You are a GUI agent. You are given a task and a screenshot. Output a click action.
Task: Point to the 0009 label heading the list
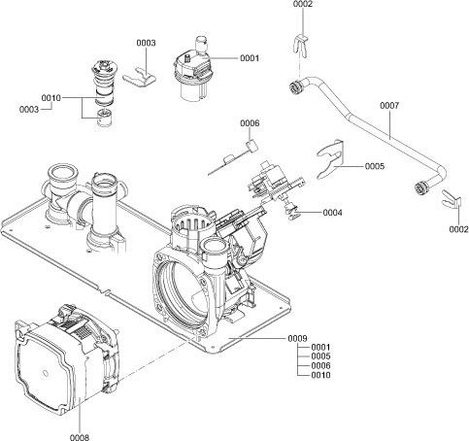(297, 337)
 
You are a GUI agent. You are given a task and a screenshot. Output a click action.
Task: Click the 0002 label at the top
(303, 6)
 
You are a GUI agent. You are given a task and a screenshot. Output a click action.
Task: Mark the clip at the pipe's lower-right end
(449, 200)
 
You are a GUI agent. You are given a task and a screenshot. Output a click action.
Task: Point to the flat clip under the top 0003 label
(144, 74)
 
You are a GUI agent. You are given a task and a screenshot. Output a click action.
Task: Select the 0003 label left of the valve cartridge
(28, 110)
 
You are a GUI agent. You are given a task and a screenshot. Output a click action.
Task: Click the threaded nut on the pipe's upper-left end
(290, 90)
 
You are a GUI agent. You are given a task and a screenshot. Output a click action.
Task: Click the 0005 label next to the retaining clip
(375, 167)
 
